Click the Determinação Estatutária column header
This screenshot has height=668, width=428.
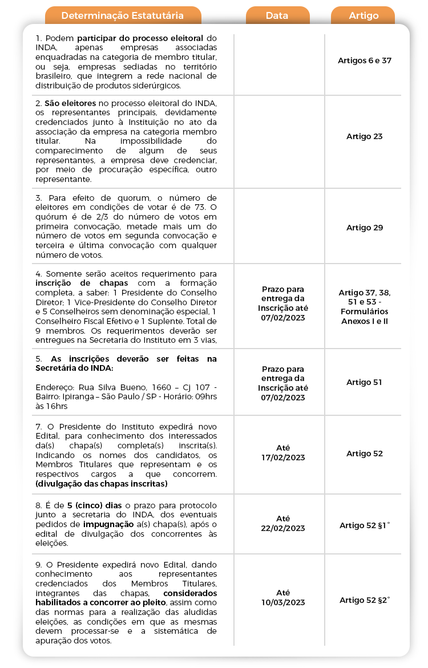coord(123,15)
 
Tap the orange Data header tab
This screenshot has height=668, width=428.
coord(277,15)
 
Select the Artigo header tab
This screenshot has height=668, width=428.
coord(364,15)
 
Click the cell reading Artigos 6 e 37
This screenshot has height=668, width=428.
coord(365,60)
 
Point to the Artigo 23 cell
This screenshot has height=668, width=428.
coord(365,136)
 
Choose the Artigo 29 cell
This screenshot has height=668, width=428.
coord(365,228)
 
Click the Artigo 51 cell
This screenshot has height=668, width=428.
coord(365,382)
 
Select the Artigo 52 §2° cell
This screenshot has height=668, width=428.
coord(365,600)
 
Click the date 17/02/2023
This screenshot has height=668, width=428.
coord(283,458)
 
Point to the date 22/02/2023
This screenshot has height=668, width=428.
coord(283,528)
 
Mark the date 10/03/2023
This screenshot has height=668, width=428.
coord(283,602)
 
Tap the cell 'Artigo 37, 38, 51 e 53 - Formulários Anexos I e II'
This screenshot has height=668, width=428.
coord(365,307)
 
